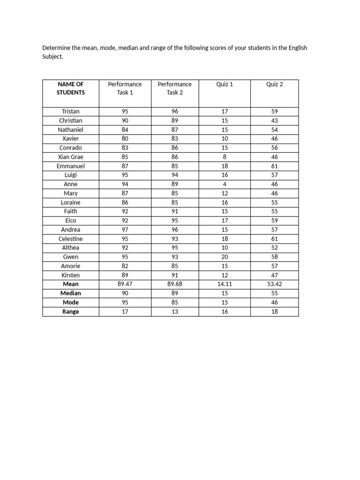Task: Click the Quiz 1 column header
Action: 225,84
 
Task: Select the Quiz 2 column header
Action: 275,84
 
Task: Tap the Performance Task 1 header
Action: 125,88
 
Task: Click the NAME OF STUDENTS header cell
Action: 71,88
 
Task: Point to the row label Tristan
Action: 71,112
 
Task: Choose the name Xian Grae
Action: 71,157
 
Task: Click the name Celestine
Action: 71,239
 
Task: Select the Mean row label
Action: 71,284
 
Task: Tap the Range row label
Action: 71,312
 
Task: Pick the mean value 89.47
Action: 125,284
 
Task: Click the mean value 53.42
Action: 275,284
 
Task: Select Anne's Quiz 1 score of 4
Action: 225,184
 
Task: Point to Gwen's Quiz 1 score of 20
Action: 225,257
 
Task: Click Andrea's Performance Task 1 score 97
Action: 125,230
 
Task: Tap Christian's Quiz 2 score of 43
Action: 275,120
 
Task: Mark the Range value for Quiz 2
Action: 275,312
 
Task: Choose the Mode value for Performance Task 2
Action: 174,302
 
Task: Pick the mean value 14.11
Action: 225,284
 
